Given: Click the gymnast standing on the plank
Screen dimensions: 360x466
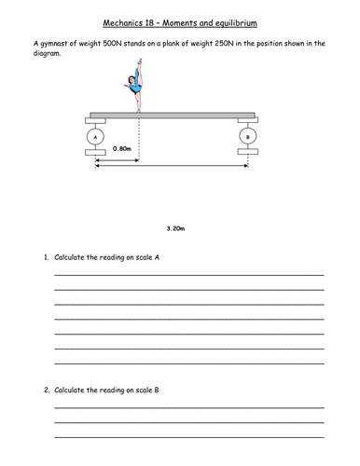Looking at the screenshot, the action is point(136,93).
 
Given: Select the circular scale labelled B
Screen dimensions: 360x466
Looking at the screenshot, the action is point(247,137).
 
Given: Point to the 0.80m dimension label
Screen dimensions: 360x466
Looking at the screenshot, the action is point(121,148).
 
